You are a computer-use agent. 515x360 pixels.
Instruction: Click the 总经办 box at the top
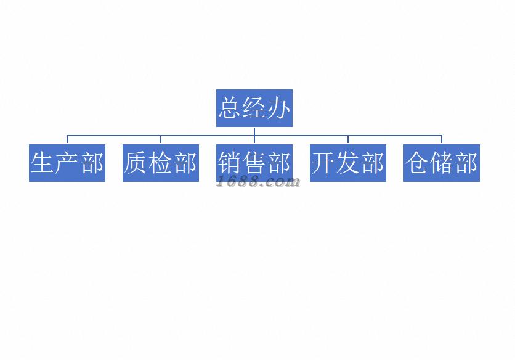click(x=254, y=108)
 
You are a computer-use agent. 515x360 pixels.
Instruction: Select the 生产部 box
click(x=67, y=163)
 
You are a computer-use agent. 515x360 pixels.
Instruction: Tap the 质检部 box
click(x=161, y=163)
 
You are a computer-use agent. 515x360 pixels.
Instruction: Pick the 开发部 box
click(x=348, y=163)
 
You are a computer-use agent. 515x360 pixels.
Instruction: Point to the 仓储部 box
click(x=441, y=163)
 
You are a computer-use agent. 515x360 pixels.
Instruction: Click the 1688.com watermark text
click(x=258, y=182)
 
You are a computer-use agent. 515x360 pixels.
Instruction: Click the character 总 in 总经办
click(x=230, y=108)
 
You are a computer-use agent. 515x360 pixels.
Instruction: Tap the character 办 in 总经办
click(x=278, y=108)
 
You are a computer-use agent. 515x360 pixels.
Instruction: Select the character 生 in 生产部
click(x=43, y=163)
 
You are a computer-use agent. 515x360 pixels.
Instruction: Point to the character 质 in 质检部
click(x=136, y=163)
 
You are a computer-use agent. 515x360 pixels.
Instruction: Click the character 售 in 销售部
click(x=254, y=163)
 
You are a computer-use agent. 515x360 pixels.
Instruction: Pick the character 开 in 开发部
click(x=323, y=163)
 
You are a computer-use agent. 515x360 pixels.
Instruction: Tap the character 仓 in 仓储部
click(x=417, y=163)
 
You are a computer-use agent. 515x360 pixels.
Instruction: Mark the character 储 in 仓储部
click(x=441, y=163)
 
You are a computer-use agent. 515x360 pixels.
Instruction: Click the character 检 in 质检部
click(x=161, y=163)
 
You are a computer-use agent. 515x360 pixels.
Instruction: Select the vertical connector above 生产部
click(x=67, y=139)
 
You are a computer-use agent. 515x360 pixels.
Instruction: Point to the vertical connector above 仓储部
click(x=441, y=139)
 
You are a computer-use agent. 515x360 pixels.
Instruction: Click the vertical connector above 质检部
click(x=161, y=139)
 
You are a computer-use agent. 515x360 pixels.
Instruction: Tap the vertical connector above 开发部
click(x=348, y=139)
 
